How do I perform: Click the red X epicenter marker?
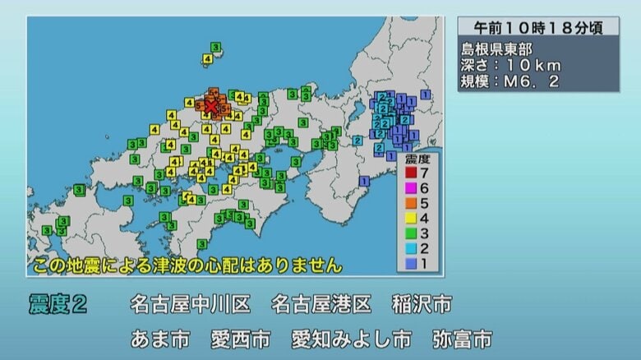point(211,106)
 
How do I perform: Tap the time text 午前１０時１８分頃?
point(537,27)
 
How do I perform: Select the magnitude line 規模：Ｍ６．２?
point(510,82)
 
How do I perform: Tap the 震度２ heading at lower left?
point(58,305)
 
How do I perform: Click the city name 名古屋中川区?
point(190,305)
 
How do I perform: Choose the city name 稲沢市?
point(422,305)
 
